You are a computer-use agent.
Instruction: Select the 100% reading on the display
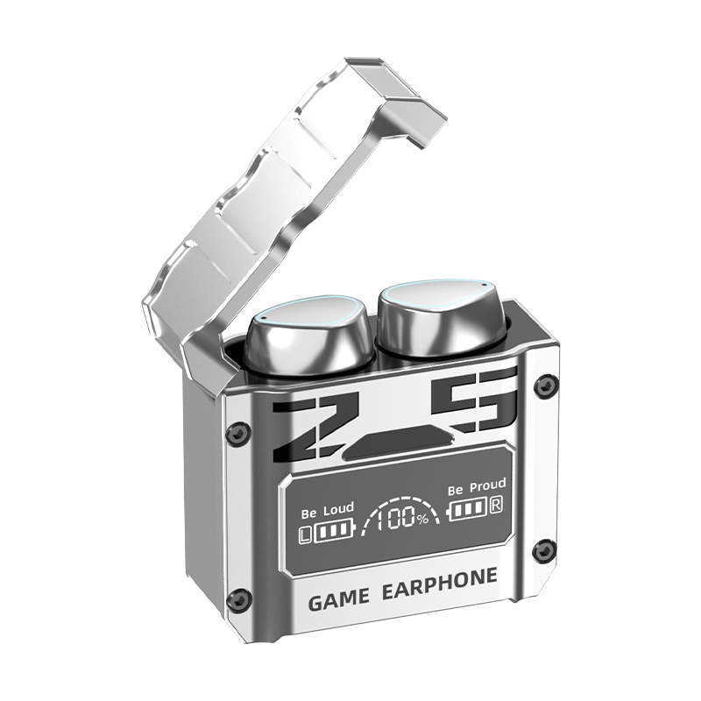coord(402,518)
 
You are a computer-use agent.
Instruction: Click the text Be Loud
coord(328,510)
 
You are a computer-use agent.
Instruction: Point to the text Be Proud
coord(477,486)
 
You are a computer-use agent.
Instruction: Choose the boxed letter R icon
coord(496,505)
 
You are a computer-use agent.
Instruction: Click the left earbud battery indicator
coord(333,531)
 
